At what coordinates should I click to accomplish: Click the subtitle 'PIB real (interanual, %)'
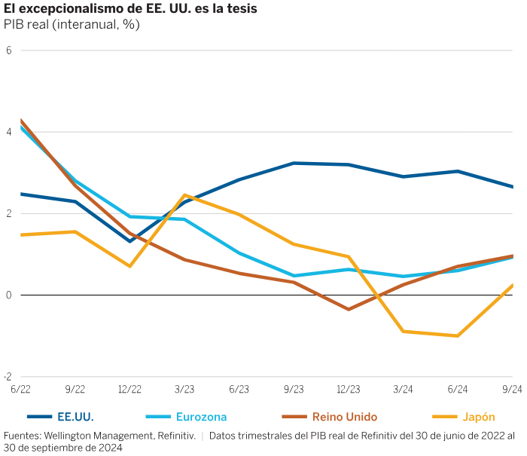(x=72, y=24)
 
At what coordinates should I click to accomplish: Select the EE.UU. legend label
(x=75, y=416)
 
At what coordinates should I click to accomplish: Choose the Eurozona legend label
(x=201, y=416)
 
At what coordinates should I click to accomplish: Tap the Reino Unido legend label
(x=344, y=416)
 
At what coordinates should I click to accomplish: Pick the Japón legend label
(x=478, y=416)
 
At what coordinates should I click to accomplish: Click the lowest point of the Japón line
(x=458, y=335)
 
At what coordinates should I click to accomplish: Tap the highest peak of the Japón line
(x=184, y=195)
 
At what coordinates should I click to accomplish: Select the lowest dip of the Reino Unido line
(x=349, y=309)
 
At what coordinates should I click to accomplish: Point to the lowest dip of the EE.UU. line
(x=130, y=241)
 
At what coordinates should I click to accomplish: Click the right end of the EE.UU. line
(x=513, y=187)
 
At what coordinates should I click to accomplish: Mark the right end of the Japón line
(x=513, y=285)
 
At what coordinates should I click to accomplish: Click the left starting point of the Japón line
(x=21, y=234)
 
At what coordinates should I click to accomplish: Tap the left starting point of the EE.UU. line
(x=21, y=194)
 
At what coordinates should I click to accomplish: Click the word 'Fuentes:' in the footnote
(x=21, y=436)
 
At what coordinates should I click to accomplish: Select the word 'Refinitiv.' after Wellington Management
(x=177, y=436)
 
